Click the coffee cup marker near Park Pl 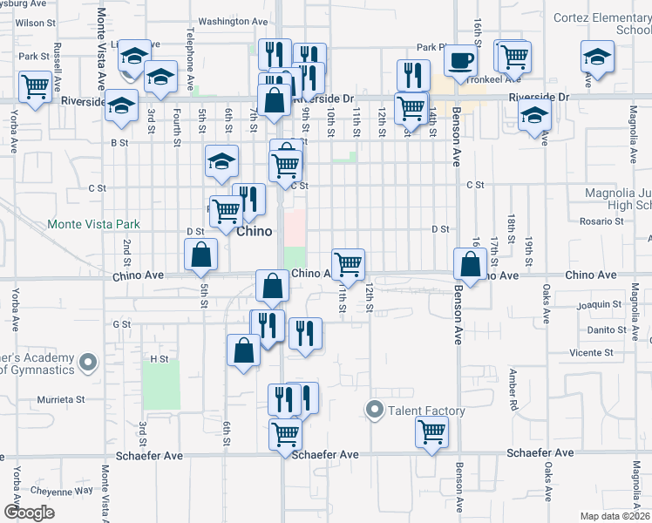click(460, 61)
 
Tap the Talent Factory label click(426, 411)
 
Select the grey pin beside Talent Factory click(376, 409)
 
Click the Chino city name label click(255, 232)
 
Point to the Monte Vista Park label click(93, 224)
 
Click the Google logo click(30, 513)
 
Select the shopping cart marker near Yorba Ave click(35, 87)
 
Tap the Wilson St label click(29, 22)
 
